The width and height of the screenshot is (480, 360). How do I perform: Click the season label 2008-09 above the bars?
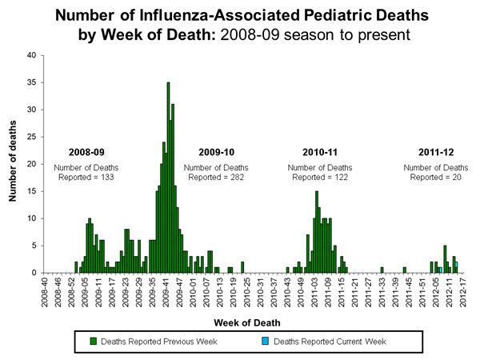coord(86,152)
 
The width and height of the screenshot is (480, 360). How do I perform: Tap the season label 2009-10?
coord(217,152)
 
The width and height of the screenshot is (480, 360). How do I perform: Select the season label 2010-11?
coord(320,152)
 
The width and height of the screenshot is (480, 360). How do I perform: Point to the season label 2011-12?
coord(436,152)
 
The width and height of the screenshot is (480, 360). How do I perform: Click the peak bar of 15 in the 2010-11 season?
coord(317,232)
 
